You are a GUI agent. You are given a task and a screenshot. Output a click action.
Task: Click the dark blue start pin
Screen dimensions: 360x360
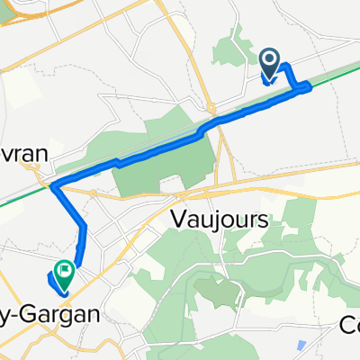[270, 61]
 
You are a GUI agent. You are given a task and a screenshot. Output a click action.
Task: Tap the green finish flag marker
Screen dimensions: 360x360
[65, 269]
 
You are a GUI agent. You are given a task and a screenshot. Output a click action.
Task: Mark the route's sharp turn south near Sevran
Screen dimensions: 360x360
[54, 186]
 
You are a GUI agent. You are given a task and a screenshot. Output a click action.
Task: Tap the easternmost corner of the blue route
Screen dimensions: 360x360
[310, 86]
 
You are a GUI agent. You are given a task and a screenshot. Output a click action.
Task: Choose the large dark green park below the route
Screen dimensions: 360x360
[171, 171]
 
